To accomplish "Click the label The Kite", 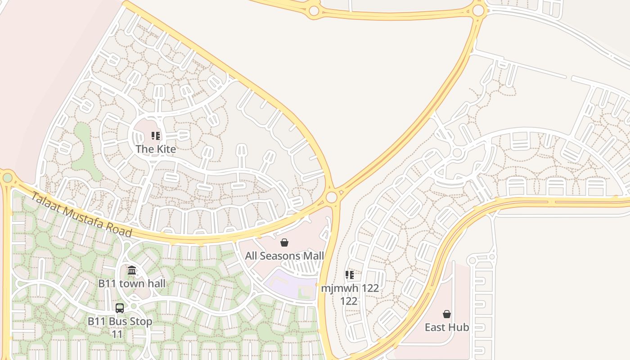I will click(156, 149).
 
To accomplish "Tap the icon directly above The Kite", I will click(156, 136).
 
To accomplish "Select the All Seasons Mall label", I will click(284, 256).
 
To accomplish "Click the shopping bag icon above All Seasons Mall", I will click(284, 243).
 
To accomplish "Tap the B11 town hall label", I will click(132, 283).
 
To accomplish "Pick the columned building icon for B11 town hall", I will click(132, 270).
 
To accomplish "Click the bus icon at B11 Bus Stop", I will click(120, 308).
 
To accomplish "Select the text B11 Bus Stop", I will click(120, 322).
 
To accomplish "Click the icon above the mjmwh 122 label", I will click(349, 275).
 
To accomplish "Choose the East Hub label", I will click(447, 327).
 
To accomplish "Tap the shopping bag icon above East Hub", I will click(447, 314).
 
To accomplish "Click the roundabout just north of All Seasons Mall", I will click(332, 197).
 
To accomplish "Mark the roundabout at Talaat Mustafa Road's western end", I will click(7, 178).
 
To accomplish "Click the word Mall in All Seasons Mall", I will click(312, 256).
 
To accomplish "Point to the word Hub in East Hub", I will click(459, 327).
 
